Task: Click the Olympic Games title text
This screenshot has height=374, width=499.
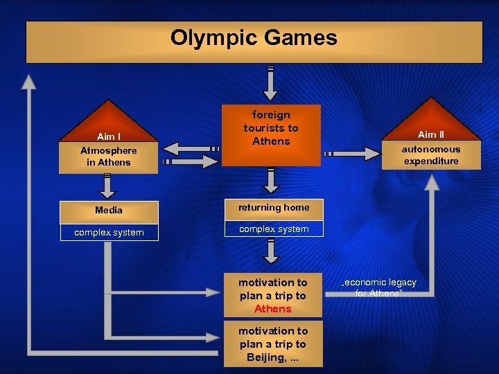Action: point(254,37)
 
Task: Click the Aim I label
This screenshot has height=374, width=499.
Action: point(108,136)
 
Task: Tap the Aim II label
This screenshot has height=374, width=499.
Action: point(431,134)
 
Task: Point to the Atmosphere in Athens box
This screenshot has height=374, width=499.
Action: point(108,157)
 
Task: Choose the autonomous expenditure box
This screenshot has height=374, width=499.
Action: point(431,155)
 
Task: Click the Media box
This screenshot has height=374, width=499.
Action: point(109,210)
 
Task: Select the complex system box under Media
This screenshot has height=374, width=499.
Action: point(109,232)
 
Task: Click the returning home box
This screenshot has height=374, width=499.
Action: point(274,207)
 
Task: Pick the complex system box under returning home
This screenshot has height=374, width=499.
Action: point(274,229)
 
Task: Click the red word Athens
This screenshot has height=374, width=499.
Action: point(273,309)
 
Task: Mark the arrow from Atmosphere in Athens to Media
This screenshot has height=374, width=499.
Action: point(107,186)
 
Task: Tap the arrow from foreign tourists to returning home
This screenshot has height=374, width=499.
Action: point(272,180)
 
